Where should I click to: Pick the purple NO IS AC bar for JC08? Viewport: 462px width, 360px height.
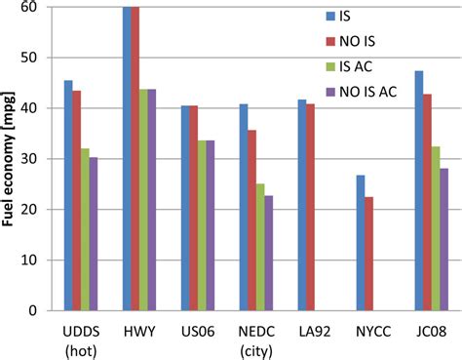(x=443, y=239)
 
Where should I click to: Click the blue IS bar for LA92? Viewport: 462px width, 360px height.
(x=301, y=205)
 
